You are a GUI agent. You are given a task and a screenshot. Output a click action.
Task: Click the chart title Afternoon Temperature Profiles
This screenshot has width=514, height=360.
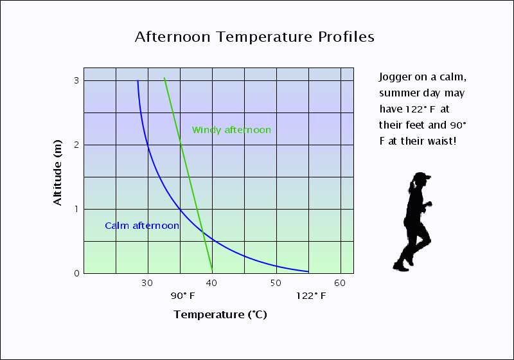254,37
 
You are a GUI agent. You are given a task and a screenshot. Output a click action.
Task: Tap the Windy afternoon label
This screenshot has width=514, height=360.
231,130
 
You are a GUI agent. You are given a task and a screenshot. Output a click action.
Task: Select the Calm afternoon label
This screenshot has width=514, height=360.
141,226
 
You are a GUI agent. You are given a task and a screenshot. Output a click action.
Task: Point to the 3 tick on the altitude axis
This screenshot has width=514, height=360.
76,80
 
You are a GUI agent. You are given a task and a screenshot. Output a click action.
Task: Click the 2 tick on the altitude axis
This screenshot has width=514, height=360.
76,145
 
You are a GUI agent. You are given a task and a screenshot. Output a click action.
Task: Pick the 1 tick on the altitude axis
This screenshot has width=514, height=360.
76,209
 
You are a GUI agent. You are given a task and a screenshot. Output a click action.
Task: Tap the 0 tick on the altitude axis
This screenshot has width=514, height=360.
76,273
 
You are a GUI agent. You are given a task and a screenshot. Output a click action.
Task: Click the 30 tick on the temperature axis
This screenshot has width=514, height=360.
148,283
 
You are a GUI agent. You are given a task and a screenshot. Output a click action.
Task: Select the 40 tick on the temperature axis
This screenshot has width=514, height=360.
212,283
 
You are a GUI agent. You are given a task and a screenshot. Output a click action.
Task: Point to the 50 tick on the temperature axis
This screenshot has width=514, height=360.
276,283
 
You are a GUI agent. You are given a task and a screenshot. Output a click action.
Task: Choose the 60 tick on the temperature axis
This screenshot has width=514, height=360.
341,283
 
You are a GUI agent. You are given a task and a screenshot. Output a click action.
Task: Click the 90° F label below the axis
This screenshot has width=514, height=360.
182,296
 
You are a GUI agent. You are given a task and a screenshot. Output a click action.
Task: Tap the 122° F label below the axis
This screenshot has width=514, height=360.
311,296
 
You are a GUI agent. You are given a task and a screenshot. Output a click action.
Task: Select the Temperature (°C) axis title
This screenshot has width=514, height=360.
220,315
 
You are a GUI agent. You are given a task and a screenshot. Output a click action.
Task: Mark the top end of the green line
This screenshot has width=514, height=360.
164,78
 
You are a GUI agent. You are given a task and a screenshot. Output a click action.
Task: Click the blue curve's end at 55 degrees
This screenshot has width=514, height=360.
308,271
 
